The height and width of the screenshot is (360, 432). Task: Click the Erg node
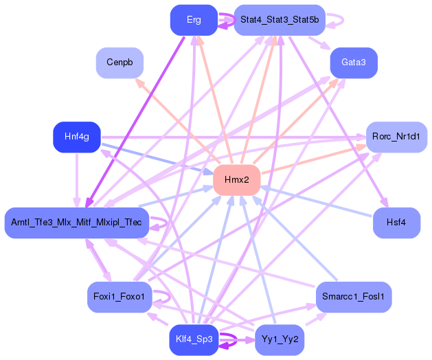point(194,20)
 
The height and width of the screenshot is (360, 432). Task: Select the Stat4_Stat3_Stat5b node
point(279,20)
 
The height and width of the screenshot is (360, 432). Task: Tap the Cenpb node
point(119,62)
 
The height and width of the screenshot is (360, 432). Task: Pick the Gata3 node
point(354,62)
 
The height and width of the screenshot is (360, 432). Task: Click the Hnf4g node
point(77,137)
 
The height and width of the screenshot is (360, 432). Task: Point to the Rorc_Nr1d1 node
point(396,137)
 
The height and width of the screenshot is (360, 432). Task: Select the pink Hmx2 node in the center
point(236,179)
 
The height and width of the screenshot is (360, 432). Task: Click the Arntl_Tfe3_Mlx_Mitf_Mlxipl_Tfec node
point(77,222)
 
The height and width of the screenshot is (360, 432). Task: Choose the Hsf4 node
point(396,222)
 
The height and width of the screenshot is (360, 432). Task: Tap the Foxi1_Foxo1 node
point(119,297)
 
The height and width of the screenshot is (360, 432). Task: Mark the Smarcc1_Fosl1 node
point(354,297)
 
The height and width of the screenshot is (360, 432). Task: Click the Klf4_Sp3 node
point(194,339)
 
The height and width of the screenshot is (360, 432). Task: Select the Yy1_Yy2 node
point(279,339)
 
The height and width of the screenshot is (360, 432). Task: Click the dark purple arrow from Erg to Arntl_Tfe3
point(137,117)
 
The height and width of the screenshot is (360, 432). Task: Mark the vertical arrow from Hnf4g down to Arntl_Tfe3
point(77,179)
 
